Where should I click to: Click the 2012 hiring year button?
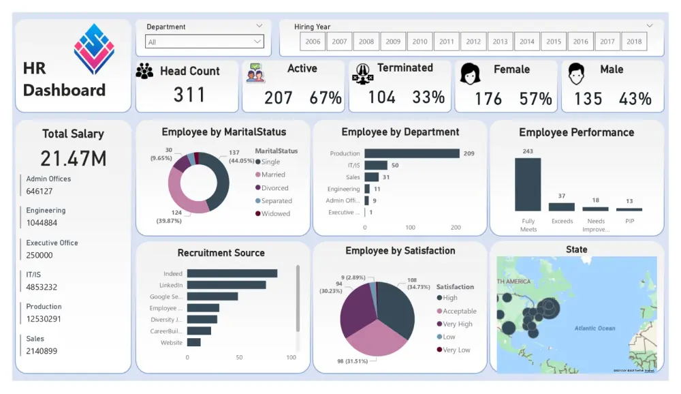473,42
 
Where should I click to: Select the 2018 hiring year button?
634,42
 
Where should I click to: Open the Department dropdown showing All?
205,42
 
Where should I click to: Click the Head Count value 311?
189,95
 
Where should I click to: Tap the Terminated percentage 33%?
428,97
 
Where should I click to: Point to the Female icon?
470,74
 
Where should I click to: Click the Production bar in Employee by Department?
412,153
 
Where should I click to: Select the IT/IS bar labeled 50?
376,165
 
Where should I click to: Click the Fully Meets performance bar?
528,184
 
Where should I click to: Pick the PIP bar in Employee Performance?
629,209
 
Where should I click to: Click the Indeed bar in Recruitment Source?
232,273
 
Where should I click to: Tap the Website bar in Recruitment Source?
194,342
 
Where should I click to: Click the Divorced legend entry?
274,188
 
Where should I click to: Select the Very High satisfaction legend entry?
457,324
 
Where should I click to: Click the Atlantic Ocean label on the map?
595,329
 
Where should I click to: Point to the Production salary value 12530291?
44,319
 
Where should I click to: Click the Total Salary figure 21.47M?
73,158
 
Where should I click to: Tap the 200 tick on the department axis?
456,228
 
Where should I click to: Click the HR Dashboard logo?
94,49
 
